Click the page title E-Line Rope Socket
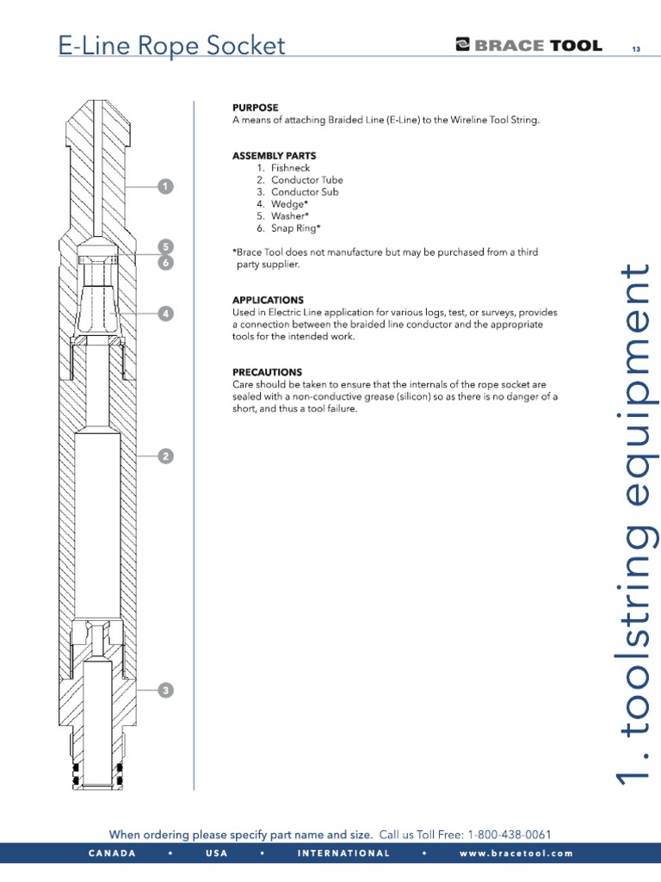(171, 46)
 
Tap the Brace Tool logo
(528, 46)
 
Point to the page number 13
(636, 48)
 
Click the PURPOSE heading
(255, 108)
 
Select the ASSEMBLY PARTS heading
(268, 156)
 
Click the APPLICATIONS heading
(268, 300)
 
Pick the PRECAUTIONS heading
(267, 371)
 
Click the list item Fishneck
(290, 168)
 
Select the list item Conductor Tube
(306, 180)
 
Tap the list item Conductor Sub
(305, 192)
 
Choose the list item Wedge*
(289, 204)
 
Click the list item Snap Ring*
(295, 228)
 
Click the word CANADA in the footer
(112, 854)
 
